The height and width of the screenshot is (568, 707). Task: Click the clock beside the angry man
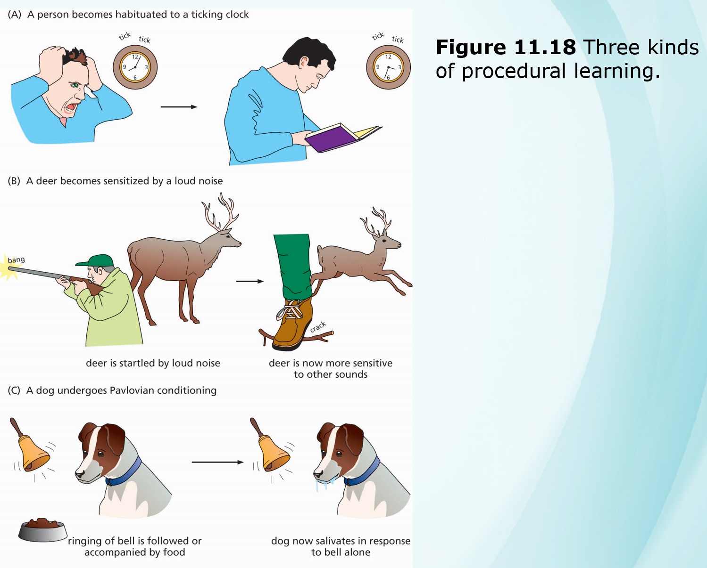135,67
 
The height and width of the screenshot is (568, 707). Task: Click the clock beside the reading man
388,67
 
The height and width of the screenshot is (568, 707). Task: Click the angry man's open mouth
71,108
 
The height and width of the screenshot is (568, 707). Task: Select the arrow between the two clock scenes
179,106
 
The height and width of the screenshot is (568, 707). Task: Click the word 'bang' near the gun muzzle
16,260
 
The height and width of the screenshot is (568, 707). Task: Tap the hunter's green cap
95,260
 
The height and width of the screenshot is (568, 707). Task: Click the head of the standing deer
230,240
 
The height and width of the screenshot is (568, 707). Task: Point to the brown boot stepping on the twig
292,323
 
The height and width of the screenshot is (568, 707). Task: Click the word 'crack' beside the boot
318,327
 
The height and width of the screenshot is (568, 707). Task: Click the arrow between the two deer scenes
250,281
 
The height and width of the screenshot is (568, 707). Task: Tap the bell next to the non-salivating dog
31,447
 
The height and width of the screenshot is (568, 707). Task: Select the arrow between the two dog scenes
217,462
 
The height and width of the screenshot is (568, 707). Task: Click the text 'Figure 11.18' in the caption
506,47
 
